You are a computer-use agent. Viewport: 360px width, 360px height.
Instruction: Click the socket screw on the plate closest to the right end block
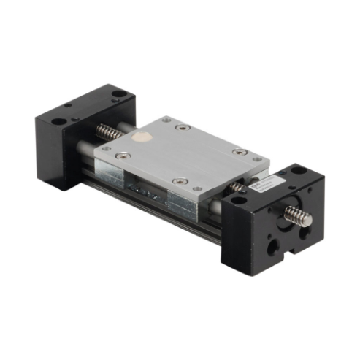(x=239, y=152)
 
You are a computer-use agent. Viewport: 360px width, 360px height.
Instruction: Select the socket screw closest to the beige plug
(x=126, y=155)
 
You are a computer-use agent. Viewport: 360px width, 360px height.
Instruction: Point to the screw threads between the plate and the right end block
(x=236, y=188)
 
